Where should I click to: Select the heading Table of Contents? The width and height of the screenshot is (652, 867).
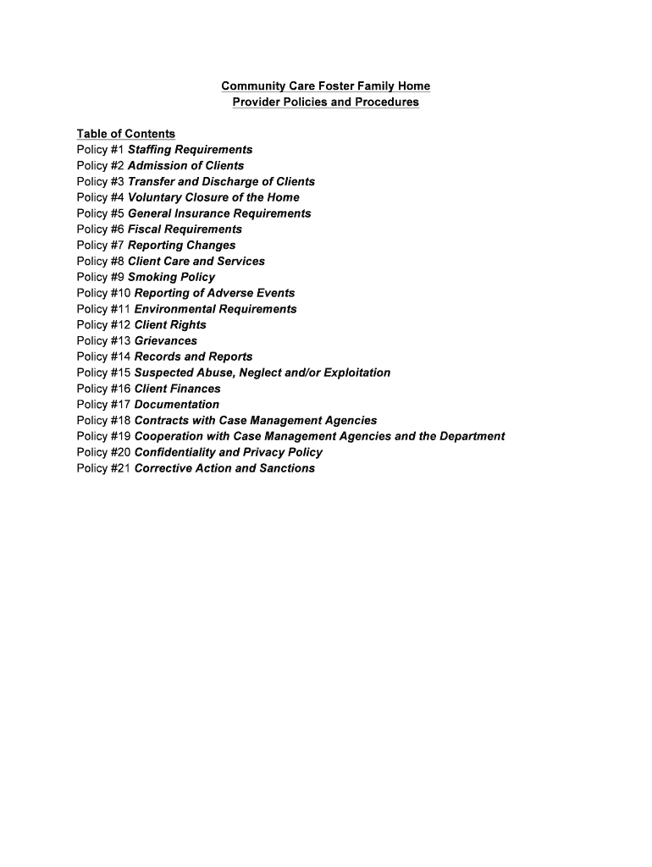[126, 134]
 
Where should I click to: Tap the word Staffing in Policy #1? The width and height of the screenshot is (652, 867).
[151, 150]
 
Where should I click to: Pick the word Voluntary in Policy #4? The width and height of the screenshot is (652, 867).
[156, 197]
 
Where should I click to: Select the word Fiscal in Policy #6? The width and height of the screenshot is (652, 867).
[144, 229]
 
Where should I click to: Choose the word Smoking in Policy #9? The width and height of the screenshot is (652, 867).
[152, 277]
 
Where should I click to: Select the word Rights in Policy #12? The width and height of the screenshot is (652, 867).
[188, 325]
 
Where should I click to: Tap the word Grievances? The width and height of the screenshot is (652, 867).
[166, 341]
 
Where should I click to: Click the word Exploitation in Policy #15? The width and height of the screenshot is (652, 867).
[351, 373]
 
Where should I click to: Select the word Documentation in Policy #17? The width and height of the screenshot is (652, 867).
[177, 405]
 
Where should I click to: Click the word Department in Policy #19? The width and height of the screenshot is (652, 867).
[469, 437]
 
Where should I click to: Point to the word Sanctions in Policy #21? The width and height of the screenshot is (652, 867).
[285, 468]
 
